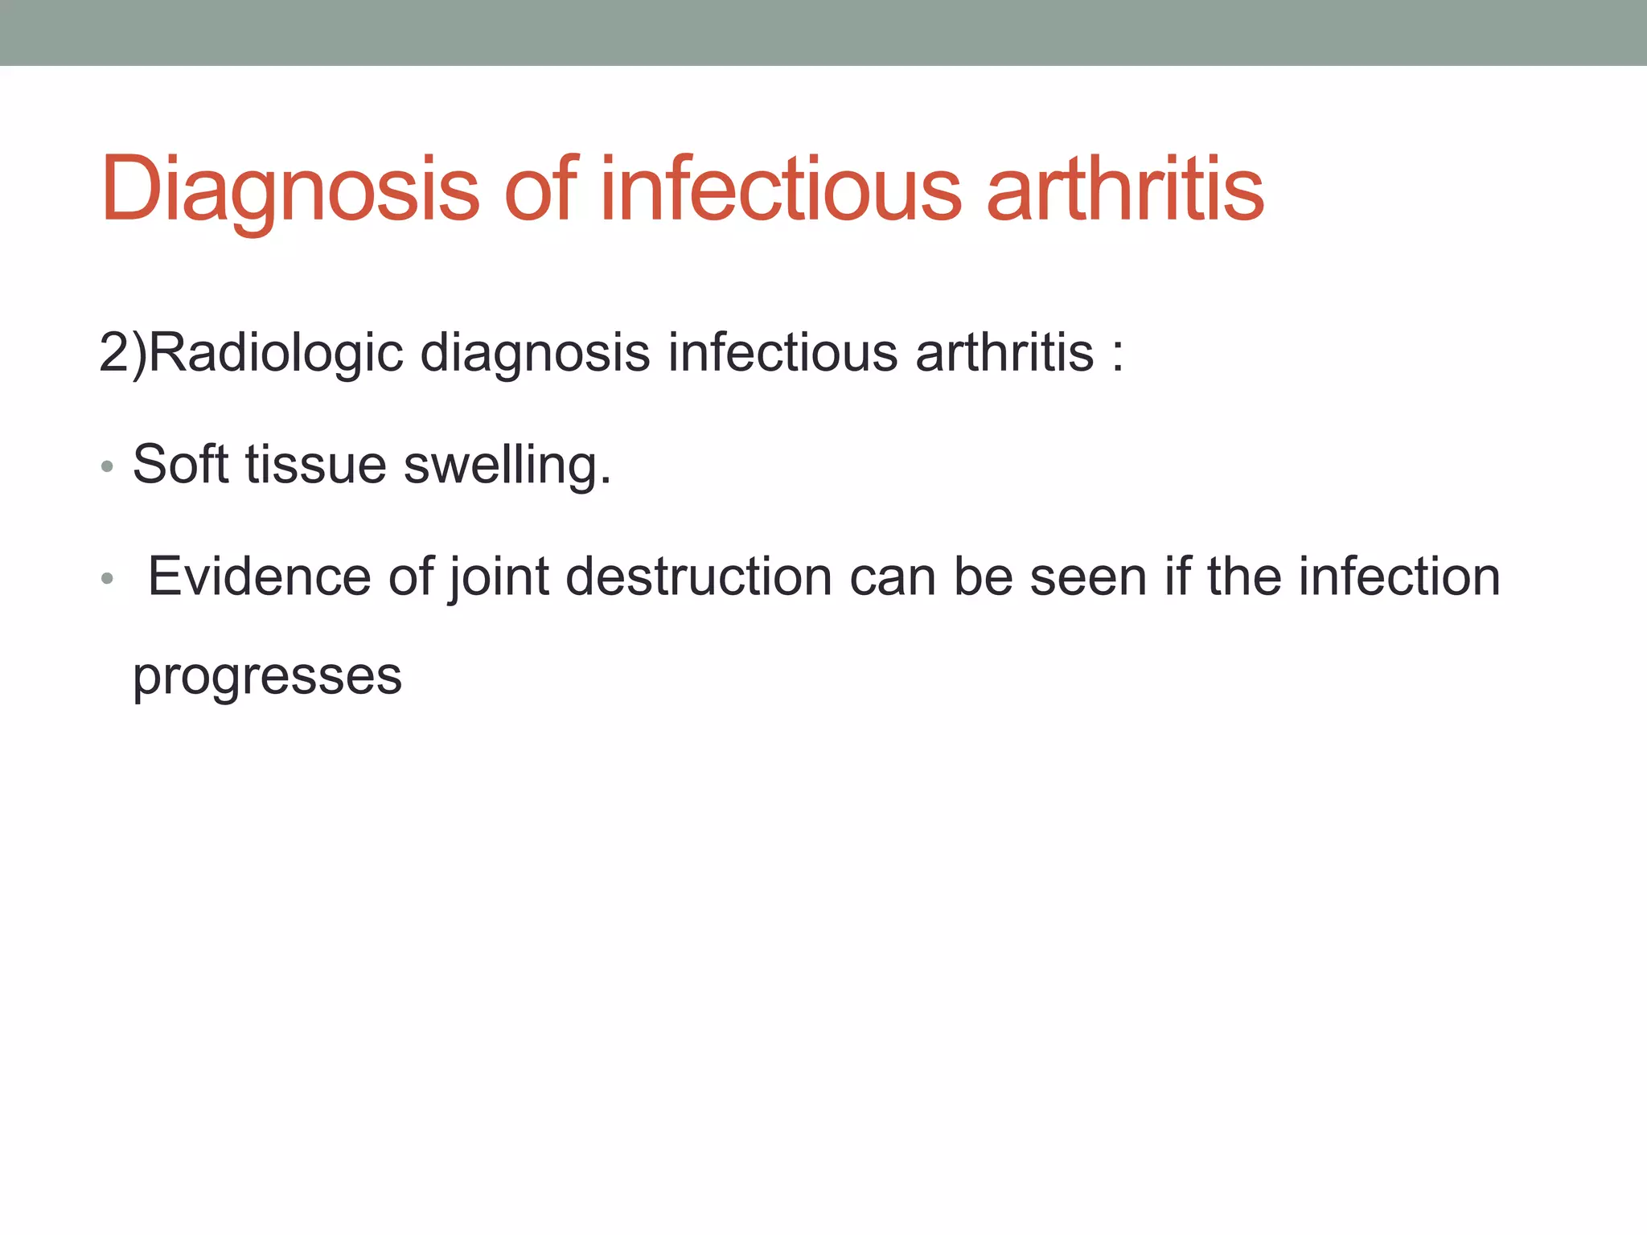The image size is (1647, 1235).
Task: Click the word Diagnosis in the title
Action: (290, 190)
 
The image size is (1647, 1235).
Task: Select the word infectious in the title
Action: (780, 190)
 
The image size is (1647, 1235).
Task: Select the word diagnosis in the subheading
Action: (535, 353)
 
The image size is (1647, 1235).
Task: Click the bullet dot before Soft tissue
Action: (107, 466)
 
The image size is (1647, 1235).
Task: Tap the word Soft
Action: (180, 464)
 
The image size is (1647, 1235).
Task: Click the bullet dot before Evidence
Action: (107, 578)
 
